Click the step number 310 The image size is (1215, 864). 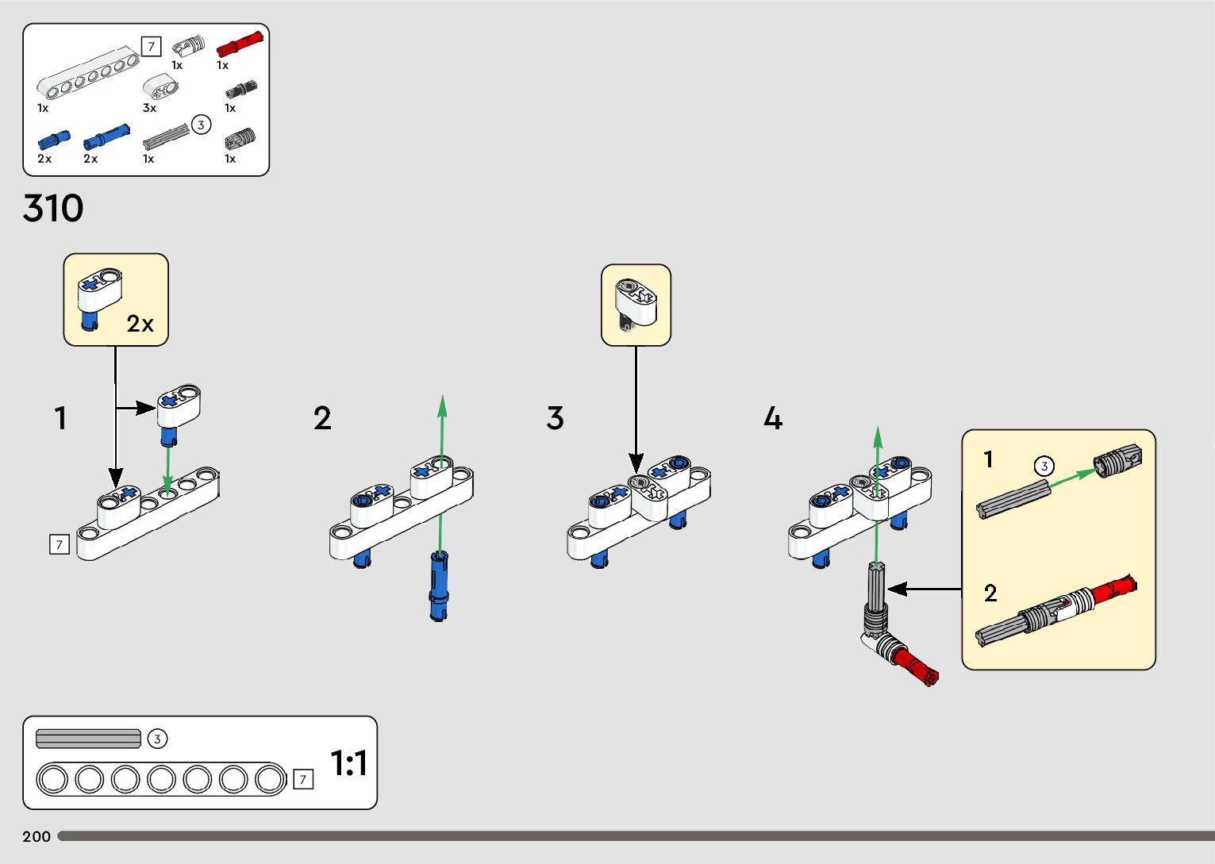pos(53,209)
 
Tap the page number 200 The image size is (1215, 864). pos(37,836)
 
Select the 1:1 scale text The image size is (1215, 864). pos(348,763)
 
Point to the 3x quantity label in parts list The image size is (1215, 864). pos(149,108)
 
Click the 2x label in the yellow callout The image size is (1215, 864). pos(140,324)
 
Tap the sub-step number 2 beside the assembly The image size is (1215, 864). pos(322,418)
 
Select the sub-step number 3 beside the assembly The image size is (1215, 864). pos(555,418)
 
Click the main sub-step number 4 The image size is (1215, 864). pos(773,418)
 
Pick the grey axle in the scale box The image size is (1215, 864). pos(88,739)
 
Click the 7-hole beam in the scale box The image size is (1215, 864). pos(161,779)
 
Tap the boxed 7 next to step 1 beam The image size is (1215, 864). pos(60,544)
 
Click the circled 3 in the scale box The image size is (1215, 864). pos(157,739)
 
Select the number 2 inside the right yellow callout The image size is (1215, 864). pos(990,593)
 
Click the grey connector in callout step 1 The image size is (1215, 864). pos(1117,462)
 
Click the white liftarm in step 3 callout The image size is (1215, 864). pos(637,301)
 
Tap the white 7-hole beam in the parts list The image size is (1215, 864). pos(87,75)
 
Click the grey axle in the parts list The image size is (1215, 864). pos(167,136)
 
